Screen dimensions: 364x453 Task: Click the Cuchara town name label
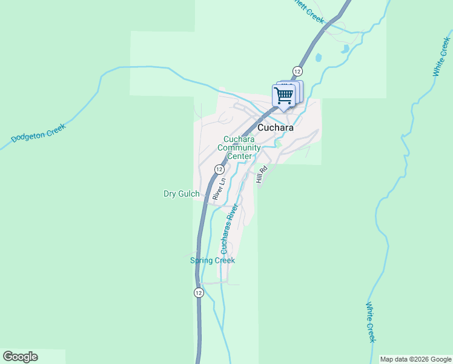click(x=276, y=128)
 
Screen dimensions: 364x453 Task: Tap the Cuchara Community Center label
click(x=239, y=147)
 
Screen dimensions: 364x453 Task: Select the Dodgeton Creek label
click(x=38, y=133)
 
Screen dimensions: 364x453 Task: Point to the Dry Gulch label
click(x=181, y=194)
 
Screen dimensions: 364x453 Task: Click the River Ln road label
click(x=219, y=189)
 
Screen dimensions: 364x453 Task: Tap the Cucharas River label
click(x=229, y=229)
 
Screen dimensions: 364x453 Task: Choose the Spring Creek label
click(x=213, y=260)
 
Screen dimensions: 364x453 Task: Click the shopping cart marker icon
click(x=283, y=95)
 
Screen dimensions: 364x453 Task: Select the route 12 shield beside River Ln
click(x=219, y=169)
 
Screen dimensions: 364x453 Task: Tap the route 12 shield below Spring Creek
click(x=199, y=293)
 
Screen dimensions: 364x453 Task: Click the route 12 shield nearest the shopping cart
click(x=297, y=70)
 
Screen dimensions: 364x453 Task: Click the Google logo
click(x=20, y=357)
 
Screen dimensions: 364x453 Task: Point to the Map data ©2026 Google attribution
click(x=415, y=359)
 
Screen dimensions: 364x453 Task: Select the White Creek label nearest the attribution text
click(x=371, y=322)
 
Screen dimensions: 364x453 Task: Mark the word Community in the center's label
click(x=239, y=147)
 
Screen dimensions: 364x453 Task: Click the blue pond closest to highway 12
click(x=318, y=58)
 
